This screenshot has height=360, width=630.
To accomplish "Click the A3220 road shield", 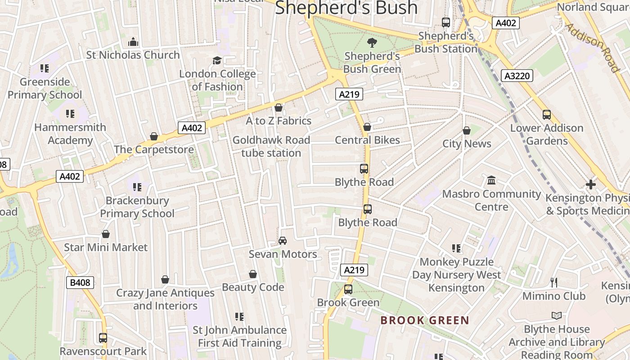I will pyautogui.click(x=517, y=76).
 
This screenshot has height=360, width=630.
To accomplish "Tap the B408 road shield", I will pyautogui.click(x=81, y=283).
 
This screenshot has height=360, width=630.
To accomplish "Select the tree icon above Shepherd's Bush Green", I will pyautogui.click(x=372, y=43).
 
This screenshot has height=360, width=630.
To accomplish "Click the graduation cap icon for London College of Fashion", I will pyautogui.click(x=217, y=60).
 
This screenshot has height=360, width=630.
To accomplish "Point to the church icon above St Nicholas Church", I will pyautogui.click(x=133, y=42).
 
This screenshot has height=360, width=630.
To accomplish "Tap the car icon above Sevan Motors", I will pyautogui.click(x=283, y=241).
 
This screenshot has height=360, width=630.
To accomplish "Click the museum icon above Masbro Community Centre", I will pyautogui.click(x=491, y=180).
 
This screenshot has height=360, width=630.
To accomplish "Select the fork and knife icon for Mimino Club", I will pyautogui.click(x=554, y=283).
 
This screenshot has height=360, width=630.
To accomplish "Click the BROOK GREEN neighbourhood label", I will pyautogui.click(x=425, y=320).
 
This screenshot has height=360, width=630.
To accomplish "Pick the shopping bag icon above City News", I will pyautogui.click(x=467, y=130).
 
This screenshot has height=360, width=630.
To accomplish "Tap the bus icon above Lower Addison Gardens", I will pyautogui.click(x=547, y=115).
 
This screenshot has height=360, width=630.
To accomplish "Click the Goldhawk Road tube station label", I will pyautogui.click(x=271, y=146).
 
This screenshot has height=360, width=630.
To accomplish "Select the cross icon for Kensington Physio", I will pyautogui.click(x=590, y=184).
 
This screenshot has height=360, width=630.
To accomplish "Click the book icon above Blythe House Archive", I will pyautogui.click(x=557, y=316).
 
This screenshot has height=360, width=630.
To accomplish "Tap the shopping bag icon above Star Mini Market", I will pyautogui.click(x=106, y=234).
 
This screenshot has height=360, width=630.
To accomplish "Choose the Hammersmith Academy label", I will pyautogui.click(x=70, y=134).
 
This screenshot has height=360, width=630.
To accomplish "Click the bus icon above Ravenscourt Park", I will pyautogui.click(x=103, y=337).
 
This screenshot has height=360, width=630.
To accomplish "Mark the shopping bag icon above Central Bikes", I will pyautogui.click(x=367, y=127).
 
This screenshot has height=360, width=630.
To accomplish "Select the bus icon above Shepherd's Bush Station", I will pyautogui.click(x=446, y=22).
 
